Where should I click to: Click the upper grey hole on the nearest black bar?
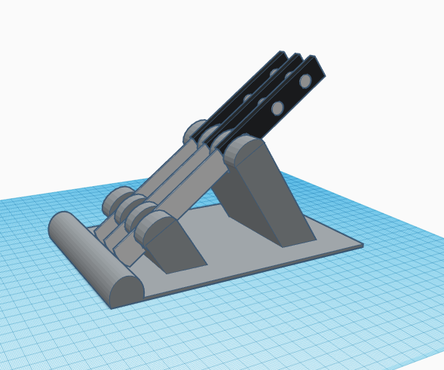coord(305,81)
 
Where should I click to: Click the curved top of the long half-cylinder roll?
coord(87,249)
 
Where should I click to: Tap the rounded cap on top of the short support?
coord(154,225)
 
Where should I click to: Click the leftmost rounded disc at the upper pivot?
coord(195,132)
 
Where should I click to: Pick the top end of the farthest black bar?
coord(282,55)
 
